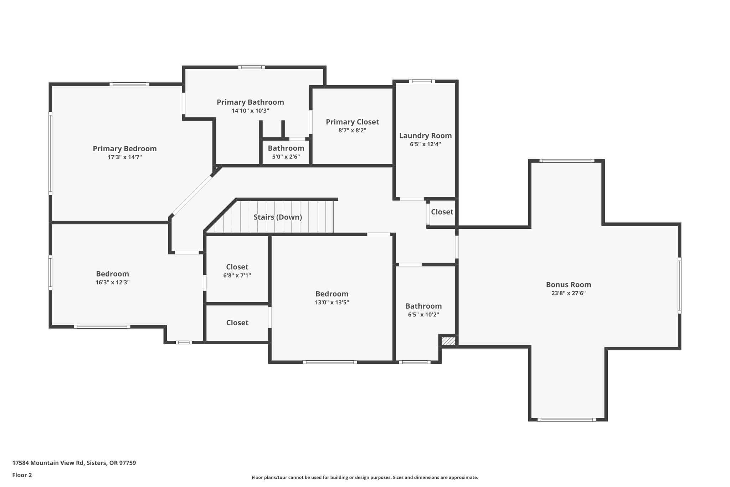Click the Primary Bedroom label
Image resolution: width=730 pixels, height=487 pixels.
(x=125, y=148)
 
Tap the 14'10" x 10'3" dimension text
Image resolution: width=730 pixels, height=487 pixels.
(x=250, y=111)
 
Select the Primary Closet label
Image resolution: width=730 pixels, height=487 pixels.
(x=352, y=122)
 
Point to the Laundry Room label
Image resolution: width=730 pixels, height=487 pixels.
(x=425, y=136)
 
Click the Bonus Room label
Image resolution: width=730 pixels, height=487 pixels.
(x=569, y=285)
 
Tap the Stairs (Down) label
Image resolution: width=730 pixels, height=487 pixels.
(x=278, y=217)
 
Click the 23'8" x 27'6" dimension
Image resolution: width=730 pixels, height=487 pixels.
(x=569, y=293)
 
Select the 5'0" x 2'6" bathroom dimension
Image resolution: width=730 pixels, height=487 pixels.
(x=286, y=157)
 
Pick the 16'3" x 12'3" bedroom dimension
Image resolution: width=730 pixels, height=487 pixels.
(x=112, y=282)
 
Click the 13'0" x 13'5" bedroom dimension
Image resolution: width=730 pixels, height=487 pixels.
(x=332, y=302)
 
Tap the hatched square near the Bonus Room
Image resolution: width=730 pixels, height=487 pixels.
(x=448, y=341)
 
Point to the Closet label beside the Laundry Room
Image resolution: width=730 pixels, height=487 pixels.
(x=442, y=212)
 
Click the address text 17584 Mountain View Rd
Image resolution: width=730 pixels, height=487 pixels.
(x=48, y=463)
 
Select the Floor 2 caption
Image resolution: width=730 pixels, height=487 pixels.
(x=22, y=475)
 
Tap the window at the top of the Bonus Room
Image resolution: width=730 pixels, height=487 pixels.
(x=567, y=161)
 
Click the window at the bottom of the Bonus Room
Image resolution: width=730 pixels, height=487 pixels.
(x=566, y=420)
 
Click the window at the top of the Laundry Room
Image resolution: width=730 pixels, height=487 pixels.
(x=422, y=81)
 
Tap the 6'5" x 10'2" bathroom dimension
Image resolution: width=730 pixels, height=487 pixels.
(x=423, y=315)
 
